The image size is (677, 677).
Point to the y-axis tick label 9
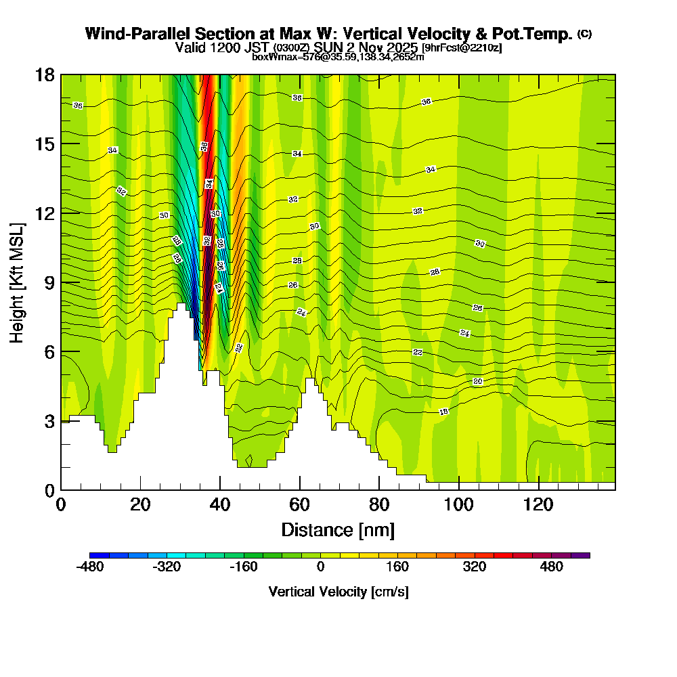[x=49, y=282]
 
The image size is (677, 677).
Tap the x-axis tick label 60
[x=299, y=504]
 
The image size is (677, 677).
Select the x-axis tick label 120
[x=538, y=504]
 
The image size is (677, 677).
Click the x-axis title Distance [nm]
[x=338, y=529]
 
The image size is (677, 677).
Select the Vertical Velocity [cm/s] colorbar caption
[x=338, y=592]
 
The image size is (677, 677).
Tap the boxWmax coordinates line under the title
[x=338, y=57]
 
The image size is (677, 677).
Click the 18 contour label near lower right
[x=444, y=412]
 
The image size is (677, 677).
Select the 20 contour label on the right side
[x=477, y=382]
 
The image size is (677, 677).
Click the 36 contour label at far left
[x=78, y=106]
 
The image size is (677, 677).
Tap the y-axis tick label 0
[x=49, y=489]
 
